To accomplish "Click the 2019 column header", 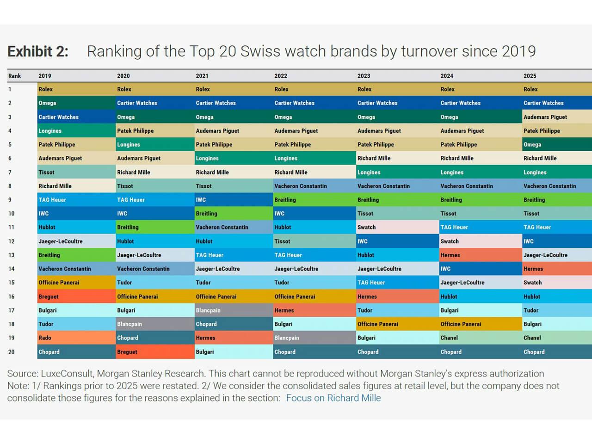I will [x=45, y=76].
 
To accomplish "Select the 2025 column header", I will [x=530, y=76].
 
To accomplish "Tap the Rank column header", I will [x=15, y=76].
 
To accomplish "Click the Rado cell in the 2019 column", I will [x=45, y=338].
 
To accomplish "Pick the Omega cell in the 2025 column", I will [x=532, y=145].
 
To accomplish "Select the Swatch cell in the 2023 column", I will [x=366, y=228].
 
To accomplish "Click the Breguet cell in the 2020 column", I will [x=127, y=352].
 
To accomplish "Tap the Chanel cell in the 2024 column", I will [x=449, y=338].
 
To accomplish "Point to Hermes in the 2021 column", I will [x=205, y=338].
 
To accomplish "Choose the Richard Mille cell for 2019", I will [x=55, y=186].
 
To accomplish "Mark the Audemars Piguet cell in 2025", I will [x=545, y=117].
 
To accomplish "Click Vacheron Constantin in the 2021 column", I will [x=222, y=228].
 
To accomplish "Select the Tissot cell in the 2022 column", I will [x=282, y=241].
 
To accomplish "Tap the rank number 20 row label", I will [x=12, y=352].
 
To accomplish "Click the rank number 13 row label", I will [x=12, y=255].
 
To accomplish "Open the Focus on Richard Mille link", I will [x=333, y=398].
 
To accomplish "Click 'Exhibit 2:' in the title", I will [x=38, y=51].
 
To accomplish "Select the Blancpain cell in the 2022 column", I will [x=287, y=338].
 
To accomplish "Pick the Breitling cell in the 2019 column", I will [x=49, y=255].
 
